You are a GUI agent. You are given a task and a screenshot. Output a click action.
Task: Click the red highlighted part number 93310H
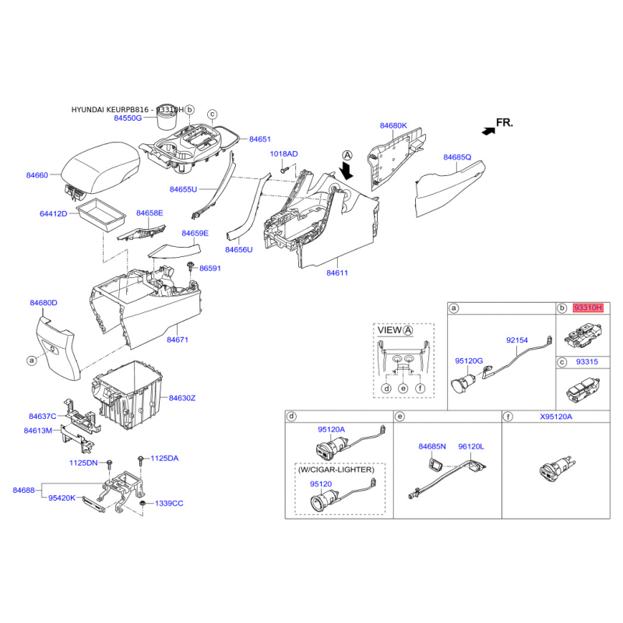tap(588, 308)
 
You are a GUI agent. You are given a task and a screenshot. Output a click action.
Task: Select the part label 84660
tap(37, 175)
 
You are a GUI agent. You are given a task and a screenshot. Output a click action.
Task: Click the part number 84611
tap(337, 273)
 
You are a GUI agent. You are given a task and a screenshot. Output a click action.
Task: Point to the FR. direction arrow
tap(488, 131)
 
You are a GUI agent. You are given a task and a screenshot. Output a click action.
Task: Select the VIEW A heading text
tap(396, 330)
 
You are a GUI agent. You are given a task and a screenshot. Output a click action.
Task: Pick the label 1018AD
tap(283, 154)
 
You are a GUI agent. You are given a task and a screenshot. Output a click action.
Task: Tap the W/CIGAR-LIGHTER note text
tap(336, 470)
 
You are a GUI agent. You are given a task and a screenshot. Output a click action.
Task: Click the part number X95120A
tap(556, 417)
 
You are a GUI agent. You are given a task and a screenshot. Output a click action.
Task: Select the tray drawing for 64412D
tap(102, 215)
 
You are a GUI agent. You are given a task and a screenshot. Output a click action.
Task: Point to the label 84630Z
tap(182, 398)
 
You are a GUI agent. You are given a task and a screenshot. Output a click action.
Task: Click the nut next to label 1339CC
tap(143, 504)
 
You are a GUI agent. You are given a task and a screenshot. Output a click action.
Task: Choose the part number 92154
tap(517, 340)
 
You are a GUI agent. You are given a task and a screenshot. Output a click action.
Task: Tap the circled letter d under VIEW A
tap(386, 389)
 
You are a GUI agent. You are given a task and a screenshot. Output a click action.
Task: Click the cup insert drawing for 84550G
tap(167, 118)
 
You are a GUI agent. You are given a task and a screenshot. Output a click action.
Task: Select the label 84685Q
tap(457, 157)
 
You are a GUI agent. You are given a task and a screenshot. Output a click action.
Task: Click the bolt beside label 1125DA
tap(140, 461)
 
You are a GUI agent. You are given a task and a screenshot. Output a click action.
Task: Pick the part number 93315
tap(587, 362)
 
